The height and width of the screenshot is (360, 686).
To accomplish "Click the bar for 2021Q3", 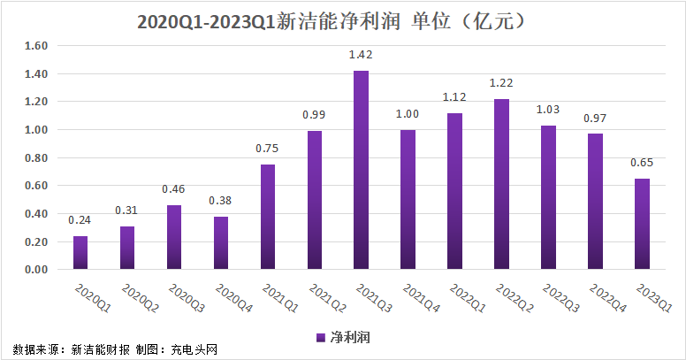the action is (361, 170).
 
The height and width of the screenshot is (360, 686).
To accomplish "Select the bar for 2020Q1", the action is (80, 253).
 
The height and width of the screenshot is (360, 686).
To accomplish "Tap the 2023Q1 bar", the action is (643, 224).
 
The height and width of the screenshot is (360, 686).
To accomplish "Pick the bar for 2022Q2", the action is (501, 184).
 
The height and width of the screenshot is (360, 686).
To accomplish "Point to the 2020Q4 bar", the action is (221, 243).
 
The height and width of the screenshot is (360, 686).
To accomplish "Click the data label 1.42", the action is (361, 55).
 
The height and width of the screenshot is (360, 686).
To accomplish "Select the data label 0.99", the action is (314, 115).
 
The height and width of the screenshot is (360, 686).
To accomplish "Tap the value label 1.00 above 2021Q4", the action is (408, 114).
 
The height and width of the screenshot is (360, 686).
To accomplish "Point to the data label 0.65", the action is (642, 163).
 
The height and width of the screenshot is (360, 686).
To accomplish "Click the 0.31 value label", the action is (126, 211).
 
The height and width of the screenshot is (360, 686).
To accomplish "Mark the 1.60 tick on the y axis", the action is (36, 45).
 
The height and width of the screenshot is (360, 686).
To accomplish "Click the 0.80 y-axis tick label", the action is (36, 157).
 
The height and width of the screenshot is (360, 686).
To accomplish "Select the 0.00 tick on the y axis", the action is (36, 270).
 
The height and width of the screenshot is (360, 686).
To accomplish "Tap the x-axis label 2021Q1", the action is (280, 298).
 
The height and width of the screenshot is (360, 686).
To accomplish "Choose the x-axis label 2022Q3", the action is (560, 298).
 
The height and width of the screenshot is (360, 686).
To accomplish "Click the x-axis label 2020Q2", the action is (140, 298).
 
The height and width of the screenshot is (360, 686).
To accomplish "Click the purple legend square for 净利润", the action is (321, 338).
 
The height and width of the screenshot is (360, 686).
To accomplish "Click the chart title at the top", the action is (331, 21).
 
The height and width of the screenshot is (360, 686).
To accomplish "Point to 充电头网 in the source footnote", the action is (194, 349).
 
